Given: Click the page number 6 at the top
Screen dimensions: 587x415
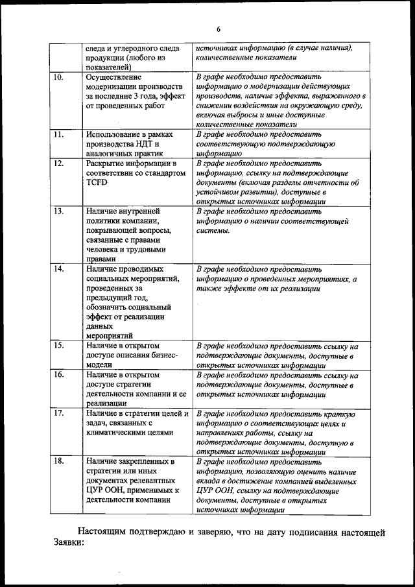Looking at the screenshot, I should (x=219, y=29).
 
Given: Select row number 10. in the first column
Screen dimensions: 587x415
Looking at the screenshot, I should (x=58, y=77).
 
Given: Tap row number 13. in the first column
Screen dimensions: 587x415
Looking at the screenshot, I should (x=58, y=211).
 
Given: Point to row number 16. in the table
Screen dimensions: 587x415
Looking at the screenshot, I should (x=58, y=375).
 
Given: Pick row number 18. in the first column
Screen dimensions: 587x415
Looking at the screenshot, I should (x=58, y=461).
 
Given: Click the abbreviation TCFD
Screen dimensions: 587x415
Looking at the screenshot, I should (x=97, y=183).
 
